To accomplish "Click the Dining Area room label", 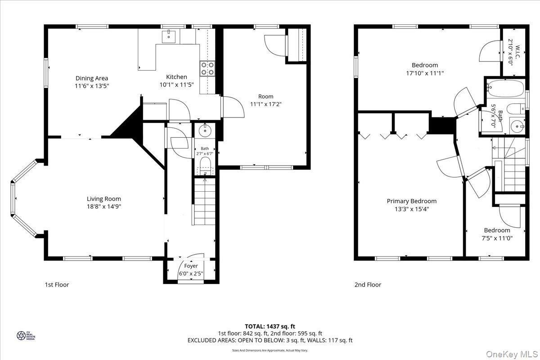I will [92, 78].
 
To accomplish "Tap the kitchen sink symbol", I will [169, 35].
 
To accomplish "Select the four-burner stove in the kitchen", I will [207, 68].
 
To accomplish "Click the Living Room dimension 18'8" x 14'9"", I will [104, 207].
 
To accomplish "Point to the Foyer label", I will [191, 266].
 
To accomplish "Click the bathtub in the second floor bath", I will [504, 86].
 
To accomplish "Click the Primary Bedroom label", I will [411, 201].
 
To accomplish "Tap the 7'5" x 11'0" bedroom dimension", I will [497, 238].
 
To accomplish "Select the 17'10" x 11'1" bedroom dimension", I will [424, 73].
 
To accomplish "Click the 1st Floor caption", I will [57, 284].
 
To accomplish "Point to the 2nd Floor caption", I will [368, 284].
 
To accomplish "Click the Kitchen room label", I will [176, 77].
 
